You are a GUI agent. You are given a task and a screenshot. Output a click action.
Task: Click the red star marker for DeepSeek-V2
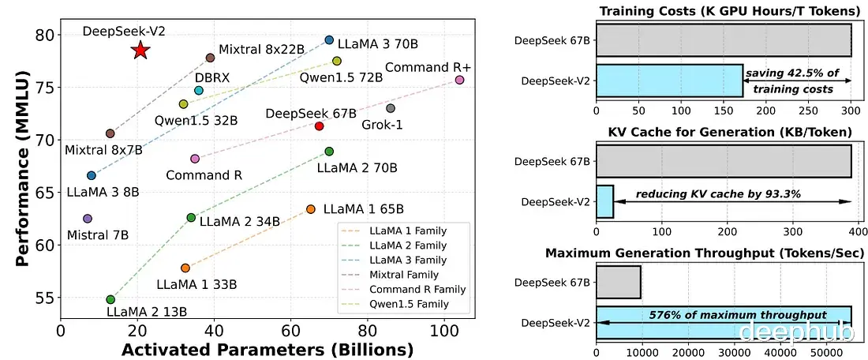[x=140, y=51]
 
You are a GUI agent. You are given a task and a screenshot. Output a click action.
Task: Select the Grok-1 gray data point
[x=390, y=108]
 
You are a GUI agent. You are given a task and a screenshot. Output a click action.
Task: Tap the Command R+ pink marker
[x=460, y=80]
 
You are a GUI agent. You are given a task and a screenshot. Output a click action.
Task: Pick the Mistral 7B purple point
[x=88, y=218]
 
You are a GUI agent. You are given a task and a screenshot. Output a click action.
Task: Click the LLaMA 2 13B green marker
[x=110, y=299]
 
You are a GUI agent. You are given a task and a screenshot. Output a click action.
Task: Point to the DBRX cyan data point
[x=199, y=91]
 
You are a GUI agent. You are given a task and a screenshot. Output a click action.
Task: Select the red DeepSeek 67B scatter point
[x=320, y=126]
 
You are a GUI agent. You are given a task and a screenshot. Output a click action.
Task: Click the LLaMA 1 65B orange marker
[x=310, y=209]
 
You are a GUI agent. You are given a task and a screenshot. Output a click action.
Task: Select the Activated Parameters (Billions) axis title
[x=245, y=348]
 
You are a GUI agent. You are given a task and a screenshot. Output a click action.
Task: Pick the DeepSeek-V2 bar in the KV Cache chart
[x=604, y=201]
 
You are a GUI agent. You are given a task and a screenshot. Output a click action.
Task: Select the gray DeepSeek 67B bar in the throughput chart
[x=618, y=282]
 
